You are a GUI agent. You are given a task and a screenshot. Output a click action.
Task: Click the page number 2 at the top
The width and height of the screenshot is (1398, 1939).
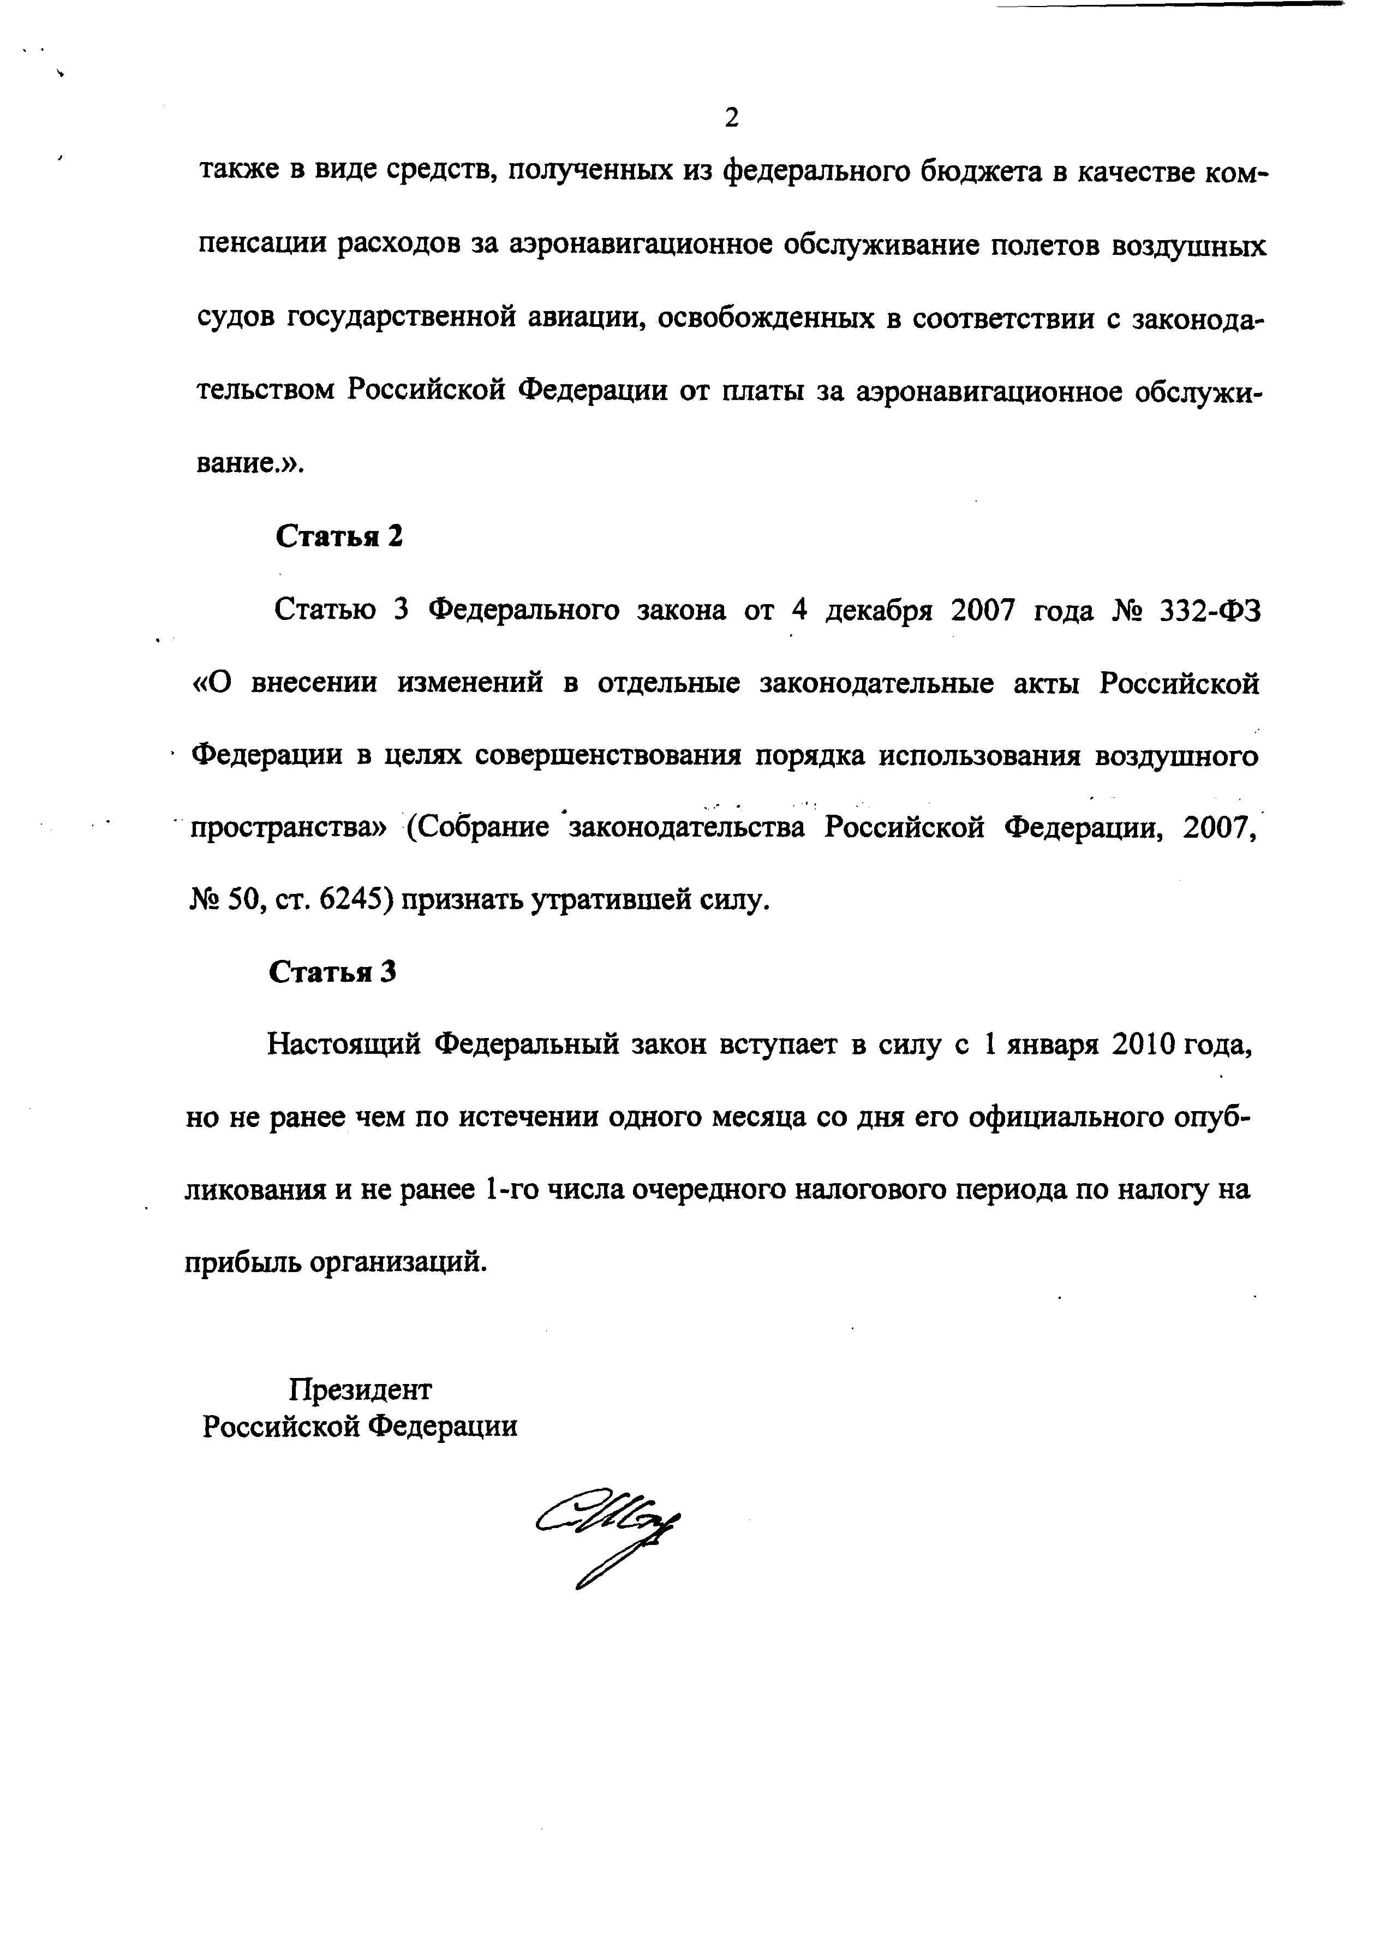coord(731,117)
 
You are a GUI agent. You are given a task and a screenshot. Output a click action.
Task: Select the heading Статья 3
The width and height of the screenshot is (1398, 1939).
coord(333,972)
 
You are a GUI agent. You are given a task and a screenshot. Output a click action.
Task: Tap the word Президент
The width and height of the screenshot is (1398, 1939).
coord(360,1389)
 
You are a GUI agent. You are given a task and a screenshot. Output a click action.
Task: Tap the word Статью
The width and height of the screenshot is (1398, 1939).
coord(324,611)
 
